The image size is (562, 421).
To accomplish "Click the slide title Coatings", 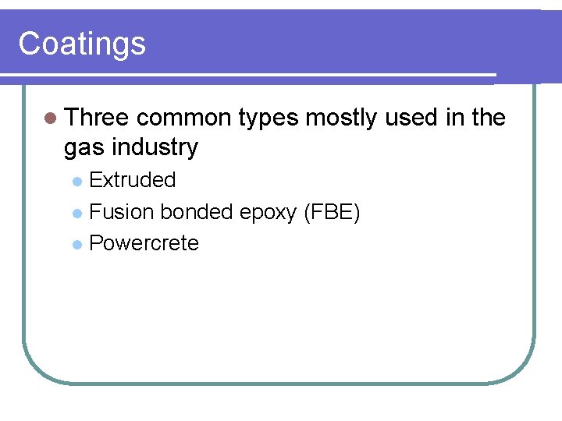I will (82, 44).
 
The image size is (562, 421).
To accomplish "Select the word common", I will (184, 118).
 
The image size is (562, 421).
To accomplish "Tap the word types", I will (269, 119).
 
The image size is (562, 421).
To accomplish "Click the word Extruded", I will (133, 180).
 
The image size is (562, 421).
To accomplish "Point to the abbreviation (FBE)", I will (331, 212).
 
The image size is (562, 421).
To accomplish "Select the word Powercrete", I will (144, 243).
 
